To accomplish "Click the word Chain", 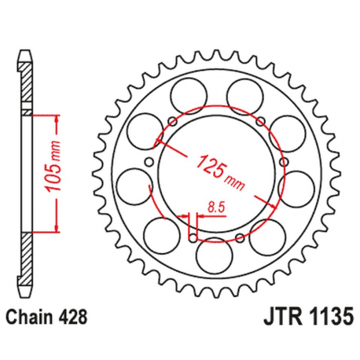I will point(34,318).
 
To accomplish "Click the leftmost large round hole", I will point(131,186).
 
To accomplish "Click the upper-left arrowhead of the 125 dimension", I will point(160,144).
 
